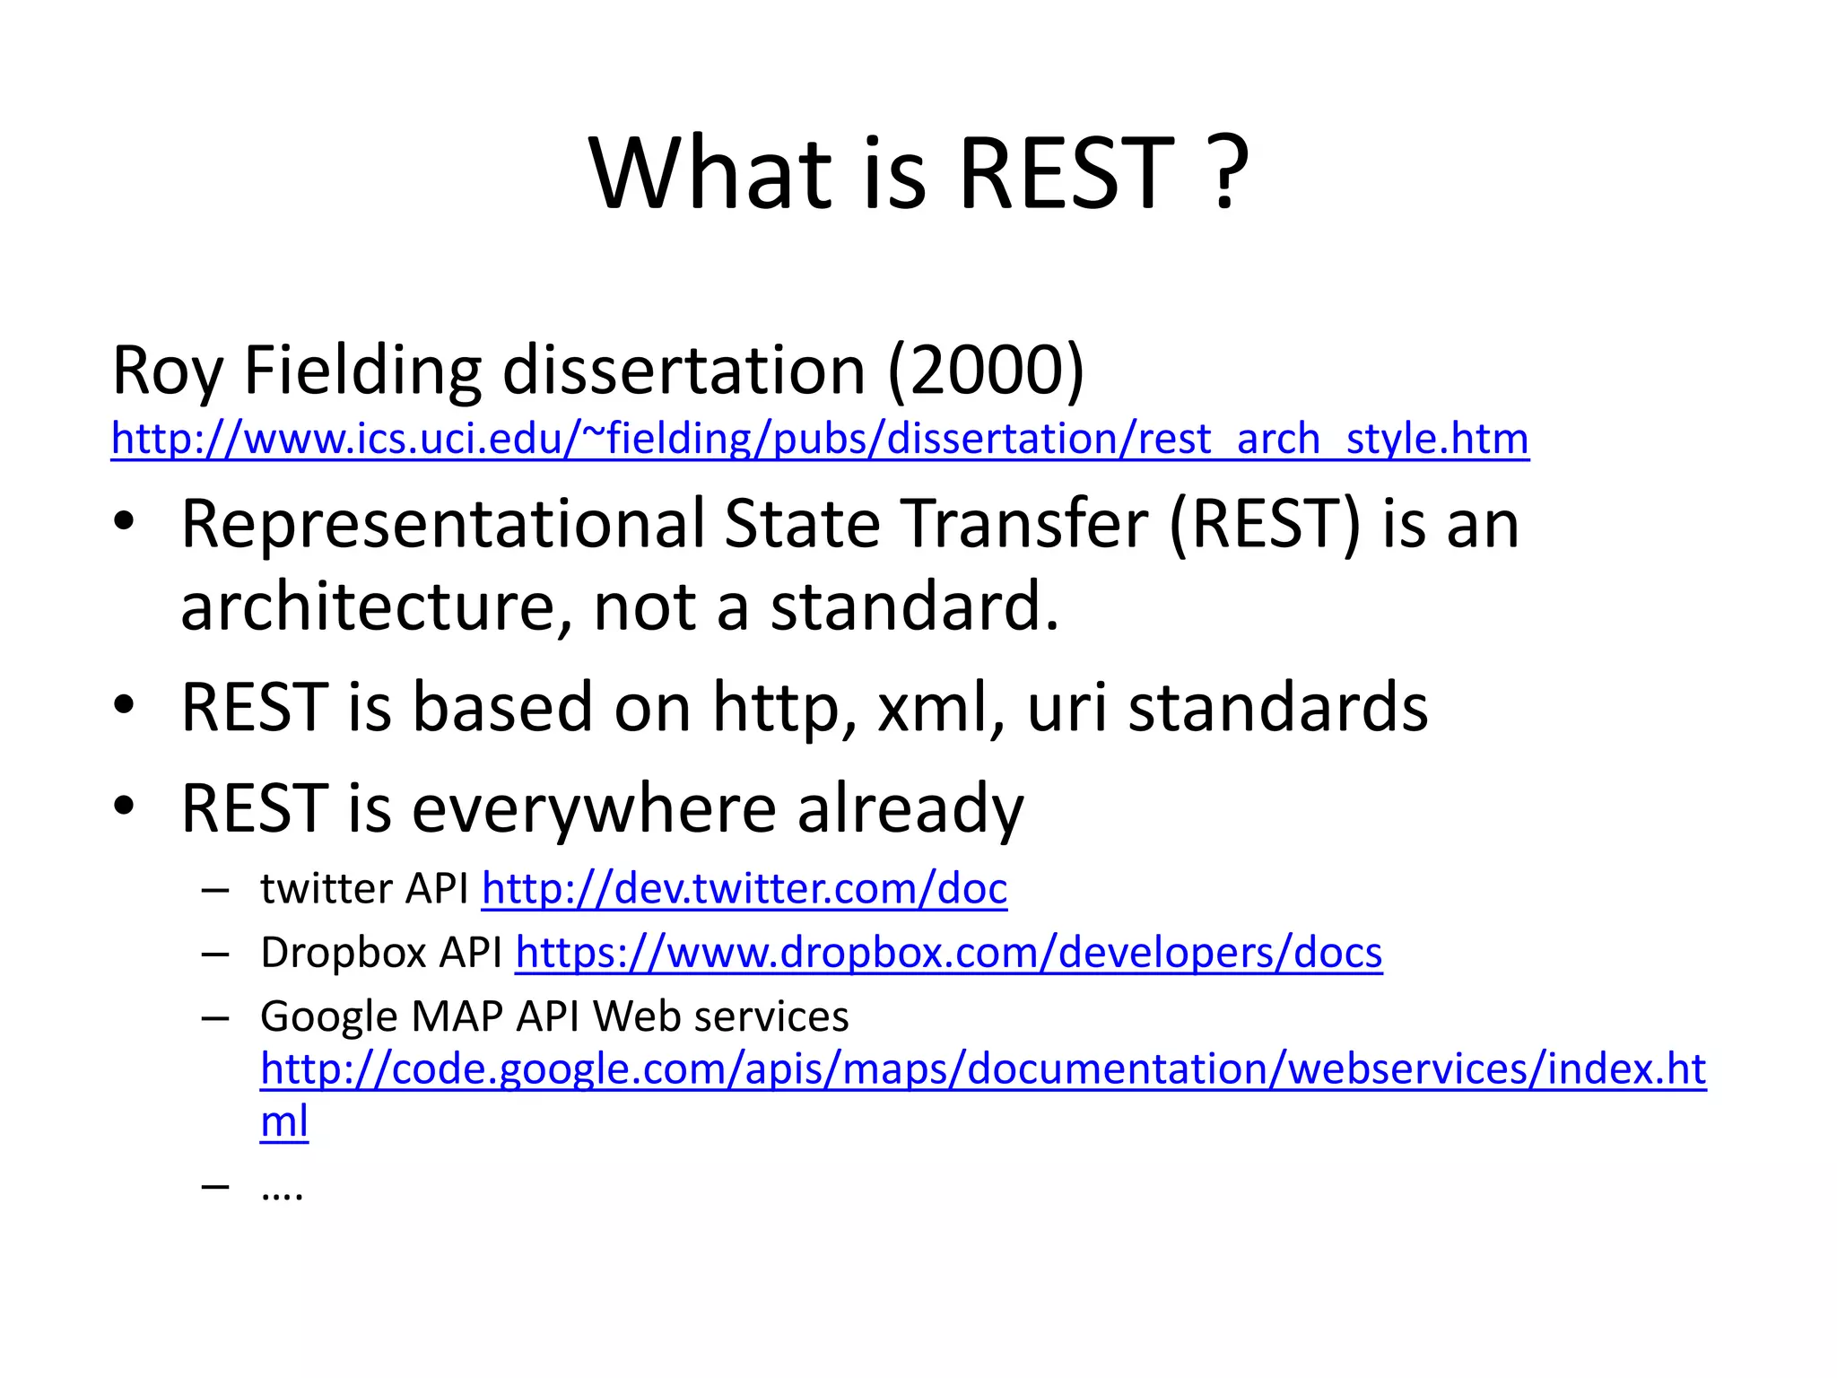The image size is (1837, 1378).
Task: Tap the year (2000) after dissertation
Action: point(986,371)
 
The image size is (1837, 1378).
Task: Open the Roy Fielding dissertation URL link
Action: point(819,440)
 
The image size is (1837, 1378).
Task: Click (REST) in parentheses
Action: point(1265,526)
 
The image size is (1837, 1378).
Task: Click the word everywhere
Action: point(594,809)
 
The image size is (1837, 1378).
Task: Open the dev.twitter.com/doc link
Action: point(744,889)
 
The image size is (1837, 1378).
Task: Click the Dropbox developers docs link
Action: point(948,953)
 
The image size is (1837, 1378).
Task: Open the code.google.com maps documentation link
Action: point(982,1069)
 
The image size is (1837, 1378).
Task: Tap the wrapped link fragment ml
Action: point(283,1121)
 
